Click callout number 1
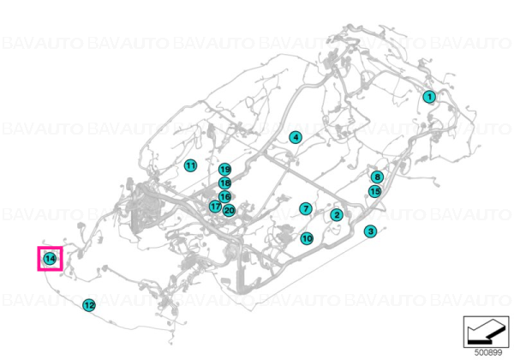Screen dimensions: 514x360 pyautogui.click(x=429, y=96)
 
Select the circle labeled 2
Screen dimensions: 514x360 pyautogui.click(x=337, y=215)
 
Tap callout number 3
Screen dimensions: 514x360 pyautogui.click(x=371, y=231)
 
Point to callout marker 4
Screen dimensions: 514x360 pyautogui.click(x=296, y=137)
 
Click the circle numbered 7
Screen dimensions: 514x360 pyautogui.click(x=306, y=208)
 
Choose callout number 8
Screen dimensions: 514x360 pyautogui.click(x=377, y=177)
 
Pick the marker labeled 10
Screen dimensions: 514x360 pyautogui.click(x=307, y=238)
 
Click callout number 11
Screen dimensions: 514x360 pyautogui.click(x=190, y=165)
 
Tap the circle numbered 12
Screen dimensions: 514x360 pyautogui.click(x=89, y=305)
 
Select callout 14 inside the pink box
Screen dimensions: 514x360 pyautogui.click(x=50, y=259)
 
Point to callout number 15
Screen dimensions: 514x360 pyautogui.click(x=375, y=191)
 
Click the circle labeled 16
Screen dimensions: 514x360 pyautogui.click(x=224, y=197)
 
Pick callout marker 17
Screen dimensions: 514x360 pyautogui.click(x=215, y=207)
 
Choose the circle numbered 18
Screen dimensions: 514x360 pyautogui.click(x=224, y=183)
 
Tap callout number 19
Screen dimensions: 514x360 pyautogui.click(x=224, y=170)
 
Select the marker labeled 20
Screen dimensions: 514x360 pyautogui.click(x=229, y=211)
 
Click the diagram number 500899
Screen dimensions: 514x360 pyautogui.click(x=488, y=352)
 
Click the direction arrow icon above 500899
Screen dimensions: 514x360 pyautogui.click(x=486, y=332)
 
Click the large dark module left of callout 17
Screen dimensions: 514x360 pyautogui.click(x=146, y=209)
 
